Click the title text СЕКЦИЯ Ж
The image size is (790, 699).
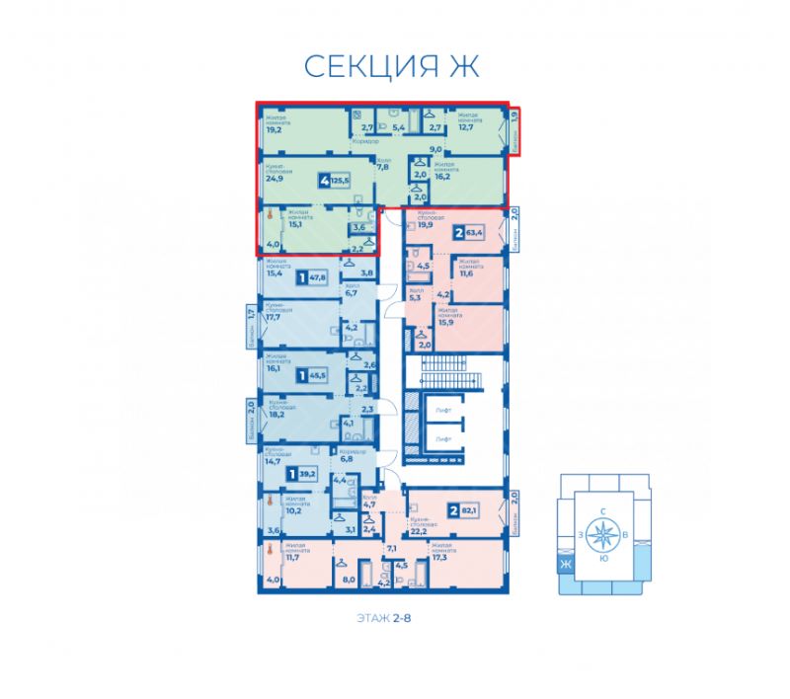pos(390,66)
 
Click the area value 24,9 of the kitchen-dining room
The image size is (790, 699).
pos(274,179)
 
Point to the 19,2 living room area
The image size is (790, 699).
pos(274,128)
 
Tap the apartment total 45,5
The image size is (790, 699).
pos(318,376)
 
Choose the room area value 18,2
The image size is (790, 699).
pos(274,416)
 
